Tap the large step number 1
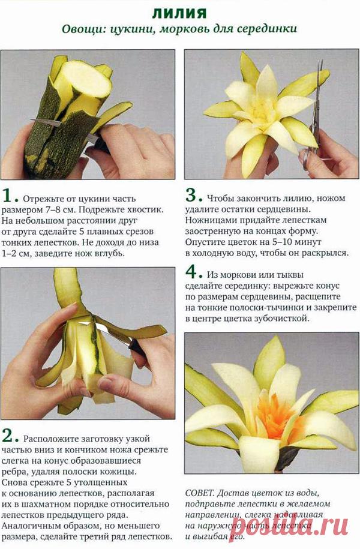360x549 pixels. tap(9, 196)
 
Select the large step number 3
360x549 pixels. tap(191, 196)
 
